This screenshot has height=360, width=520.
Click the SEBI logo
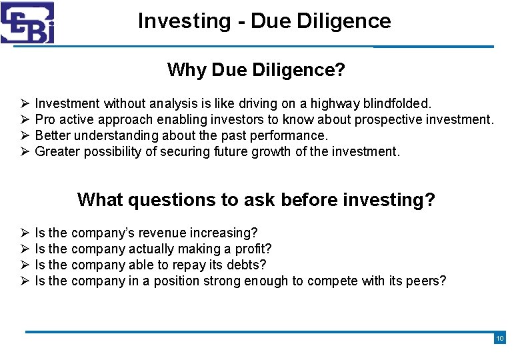tap(27, 23)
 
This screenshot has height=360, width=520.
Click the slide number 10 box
tap(500, 339)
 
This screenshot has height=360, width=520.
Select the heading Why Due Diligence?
tap(256, 69)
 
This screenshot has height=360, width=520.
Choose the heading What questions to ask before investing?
tap(256, 199)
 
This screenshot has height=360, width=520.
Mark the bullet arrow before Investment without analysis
tap(23, 104)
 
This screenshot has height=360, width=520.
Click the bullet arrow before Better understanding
tap(23, 136)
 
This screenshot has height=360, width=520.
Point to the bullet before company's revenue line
tap(23, 233)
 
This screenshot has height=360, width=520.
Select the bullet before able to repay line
tap(23, 265)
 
